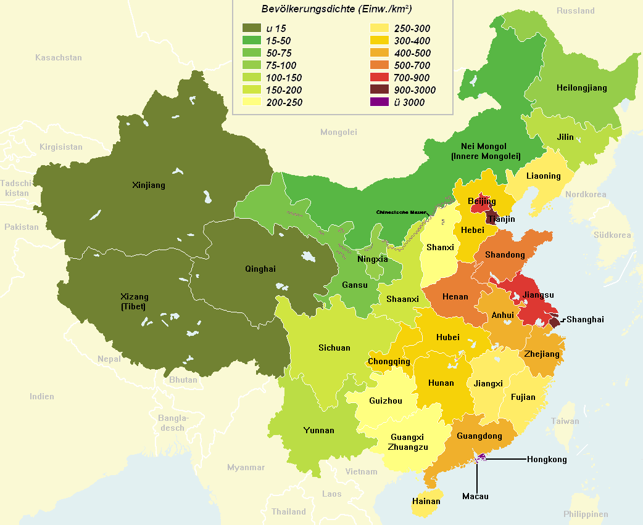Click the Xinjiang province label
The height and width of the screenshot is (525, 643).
149,185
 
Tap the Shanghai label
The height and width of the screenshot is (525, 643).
585,319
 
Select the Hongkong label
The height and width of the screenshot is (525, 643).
546,459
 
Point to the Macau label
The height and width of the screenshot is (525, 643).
475,496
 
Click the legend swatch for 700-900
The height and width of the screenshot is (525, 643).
379,78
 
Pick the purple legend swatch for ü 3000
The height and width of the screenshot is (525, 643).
379,102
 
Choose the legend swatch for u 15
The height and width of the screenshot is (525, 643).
251,28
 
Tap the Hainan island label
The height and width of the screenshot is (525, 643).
426,501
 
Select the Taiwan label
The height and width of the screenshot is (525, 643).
565,421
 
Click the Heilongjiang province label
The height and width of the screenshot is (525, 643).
581,88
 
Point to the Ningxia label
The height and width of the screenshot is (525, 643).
373,259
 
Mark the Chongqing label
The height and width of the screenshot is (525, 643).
388,362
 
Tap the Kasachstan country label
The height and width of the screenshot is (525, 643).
59,58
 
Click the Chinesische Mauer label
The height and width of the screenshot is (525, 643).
401,212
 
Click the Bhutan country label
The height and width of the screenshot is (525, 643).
183,380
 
